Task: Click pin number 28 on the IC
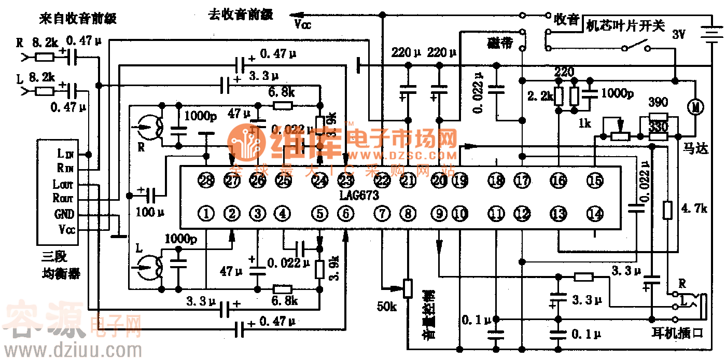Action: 207,181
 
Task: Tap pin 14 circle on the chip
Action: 595,213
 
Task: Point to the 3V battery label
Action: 679,35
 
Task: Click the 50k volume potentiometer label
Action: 387,307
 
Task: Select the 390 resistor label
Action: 658,102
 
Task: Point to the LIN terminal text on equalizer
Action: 65,154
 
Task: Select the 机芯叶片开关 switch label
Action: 625,26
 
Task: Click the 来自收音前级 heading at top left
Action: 78,19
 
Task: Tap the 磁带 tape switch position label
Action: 500,42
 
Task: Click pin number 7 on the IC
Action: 382,213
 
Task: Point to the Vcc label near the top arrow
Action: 302,24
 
